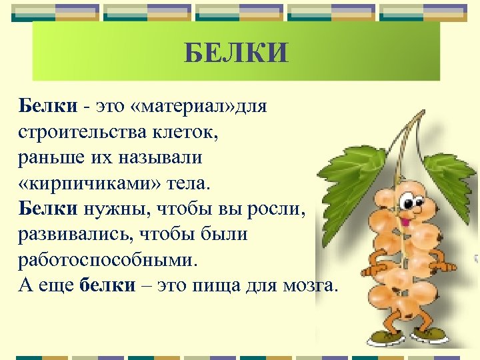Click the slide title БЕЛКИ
(236, 52)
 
